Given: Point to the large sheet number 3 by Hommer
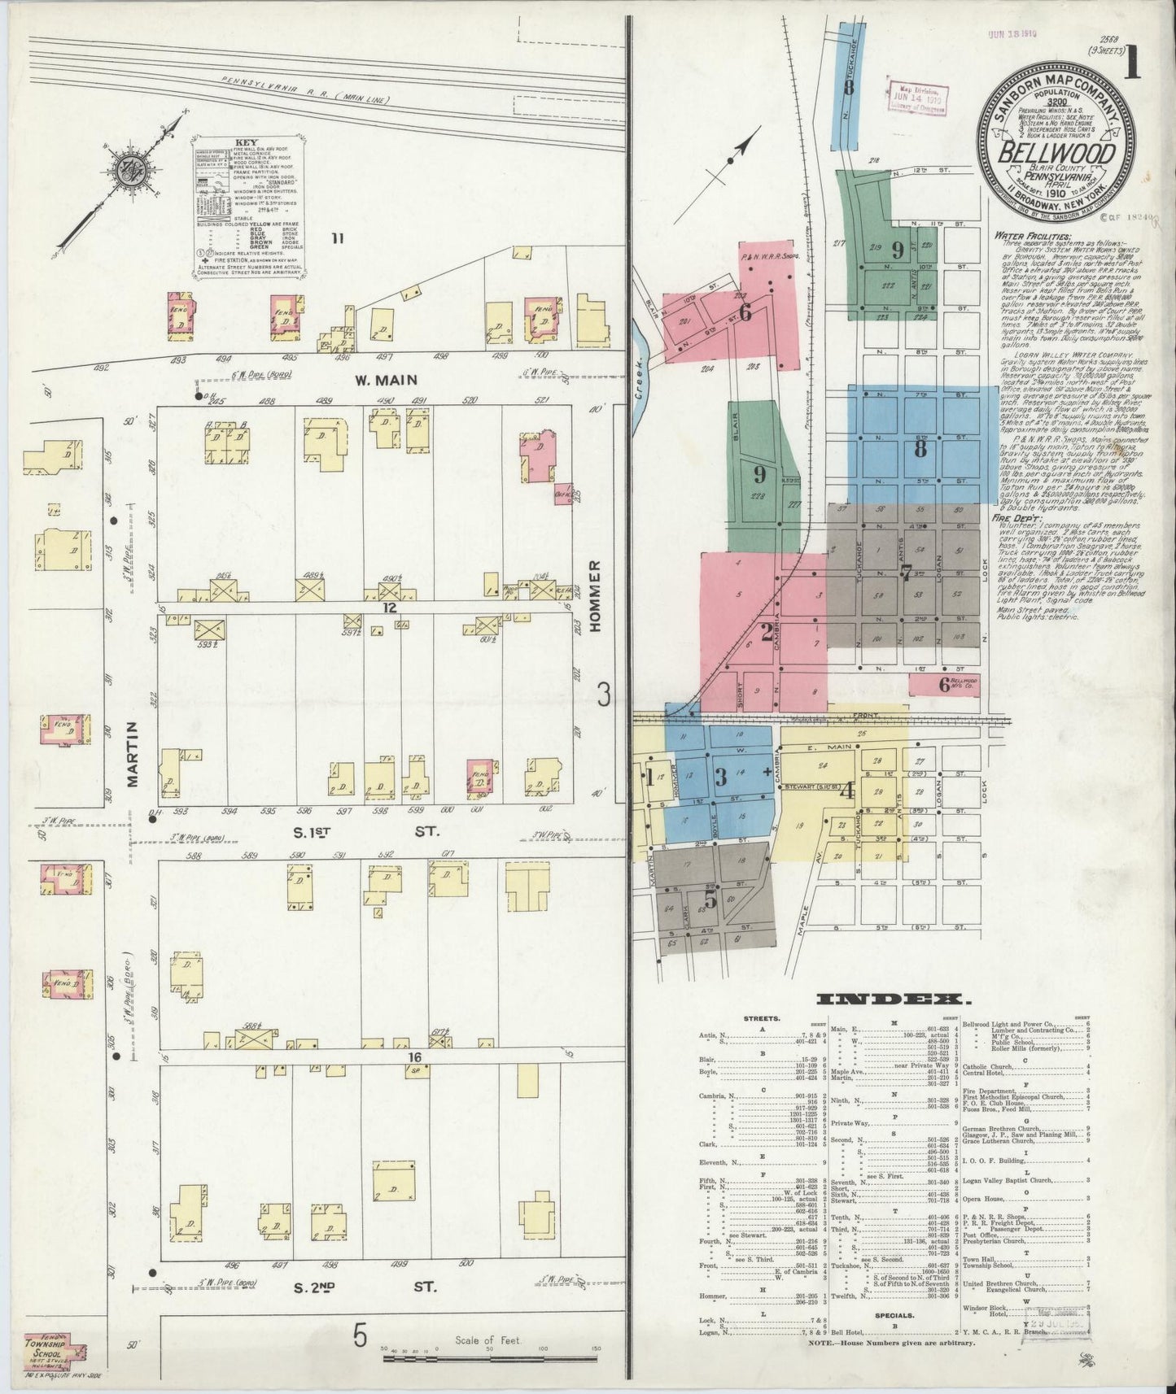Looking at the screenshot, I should (603, 694).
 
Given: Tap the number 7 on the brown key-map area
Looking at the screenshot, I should (905, 573).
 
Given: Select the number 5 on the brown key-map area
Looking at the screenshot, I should (710, 900).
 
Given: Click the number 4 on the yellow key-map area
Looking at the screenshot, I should (846, 790).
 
